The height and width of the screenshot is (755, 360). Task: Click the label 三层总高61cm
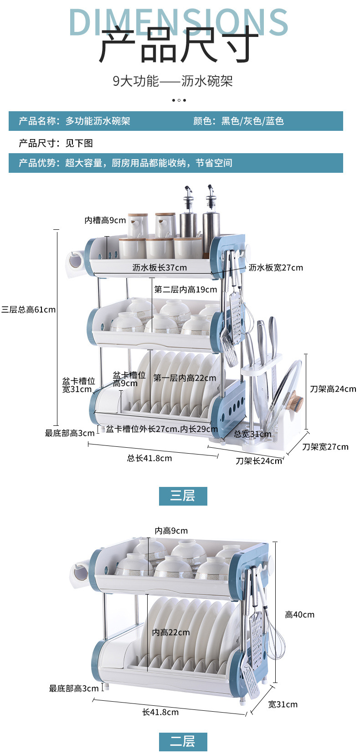point(28,310)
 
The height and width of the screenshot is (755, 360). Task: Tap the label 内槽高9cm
point(105,221)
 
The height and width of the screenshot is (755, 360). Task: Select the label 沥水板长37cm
point(159,268)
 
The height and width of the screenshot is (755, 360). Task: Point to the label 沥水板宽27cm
point(276,268)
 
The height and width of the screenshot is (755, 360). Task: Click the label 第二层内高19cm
point(185,290)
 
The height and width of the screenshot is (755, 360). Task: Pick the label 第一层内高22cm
point(185,378)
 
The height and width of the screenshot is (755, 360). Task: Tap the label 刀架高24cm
point(333,389)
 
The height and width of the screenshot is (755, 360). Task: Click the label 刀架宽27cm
point(325,447)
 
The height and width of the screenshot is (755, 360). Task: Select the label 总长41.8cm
point(149,458)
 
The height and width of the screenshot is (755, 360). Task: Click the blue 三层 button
point(183,496)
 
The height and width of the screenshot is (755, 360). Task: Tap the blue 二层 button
point(183,741)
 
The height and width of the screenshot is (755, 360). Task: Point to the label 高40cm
point(299,615)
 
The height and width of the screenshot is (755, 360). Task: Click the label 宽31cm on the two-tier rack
point(283,704)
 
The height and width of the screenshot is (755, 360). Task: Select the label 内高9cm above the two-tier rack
point(171,531)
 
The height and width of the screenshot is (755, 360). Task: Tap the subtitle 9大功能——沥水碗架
point(173,81)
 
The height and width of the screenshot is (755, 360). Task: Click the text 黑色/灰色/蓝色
point(252,121)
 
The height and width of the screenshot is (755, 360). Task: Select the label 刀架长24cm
point(259,461)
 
